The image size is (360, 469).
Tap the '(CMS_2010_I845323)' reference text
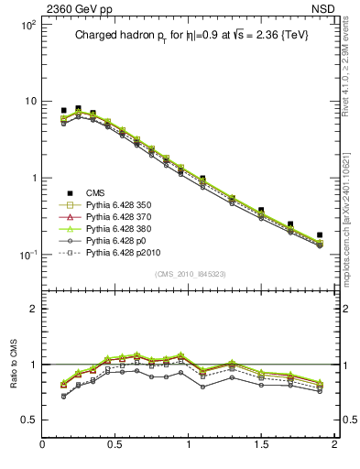point(187,273)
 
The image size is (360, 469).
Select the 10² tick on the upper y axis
point(29,26)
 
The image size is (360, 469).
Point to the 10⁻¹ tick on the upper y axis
point(29,255)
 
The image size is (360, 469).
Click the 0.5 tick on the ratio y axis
point(31,420)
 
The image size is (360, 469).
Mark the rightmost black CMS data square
point(320,235)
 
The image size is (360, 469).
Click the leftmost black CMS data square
point(63,111)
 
